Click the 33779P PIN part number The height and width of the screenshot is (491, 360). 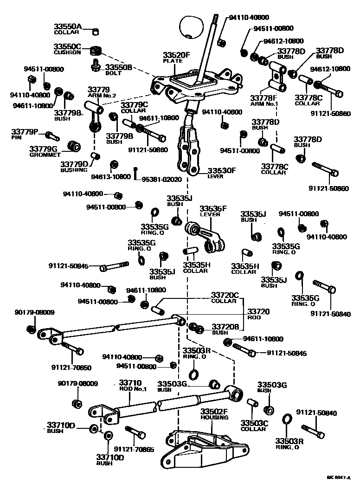click(26, 134)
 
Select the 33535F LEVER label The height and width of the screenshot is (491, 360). click(213, 211)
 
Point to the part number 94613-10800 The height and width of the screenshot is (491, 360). click(111, 177)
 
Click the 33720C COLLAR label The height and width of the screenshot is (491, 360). click(225, 297)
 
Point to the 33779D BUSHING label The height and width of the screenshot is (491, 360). click(74, 167)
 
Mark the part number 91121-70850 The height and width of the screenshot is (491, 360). click(71, 367)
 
